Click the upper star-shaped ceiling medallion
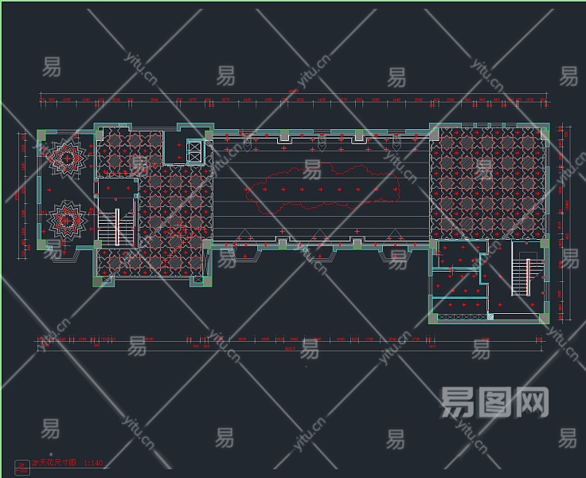(68, 158)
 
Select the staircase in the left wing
(117, 225)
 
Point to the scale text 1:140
(93, 463)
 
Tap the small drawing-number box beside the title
(21, 466)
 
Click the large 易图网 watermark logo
(494, 402)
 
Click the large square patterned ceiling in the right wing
(488, 182)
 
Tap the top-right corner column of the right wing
(544, 127)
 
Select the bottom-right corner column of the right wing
(544, 319)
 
